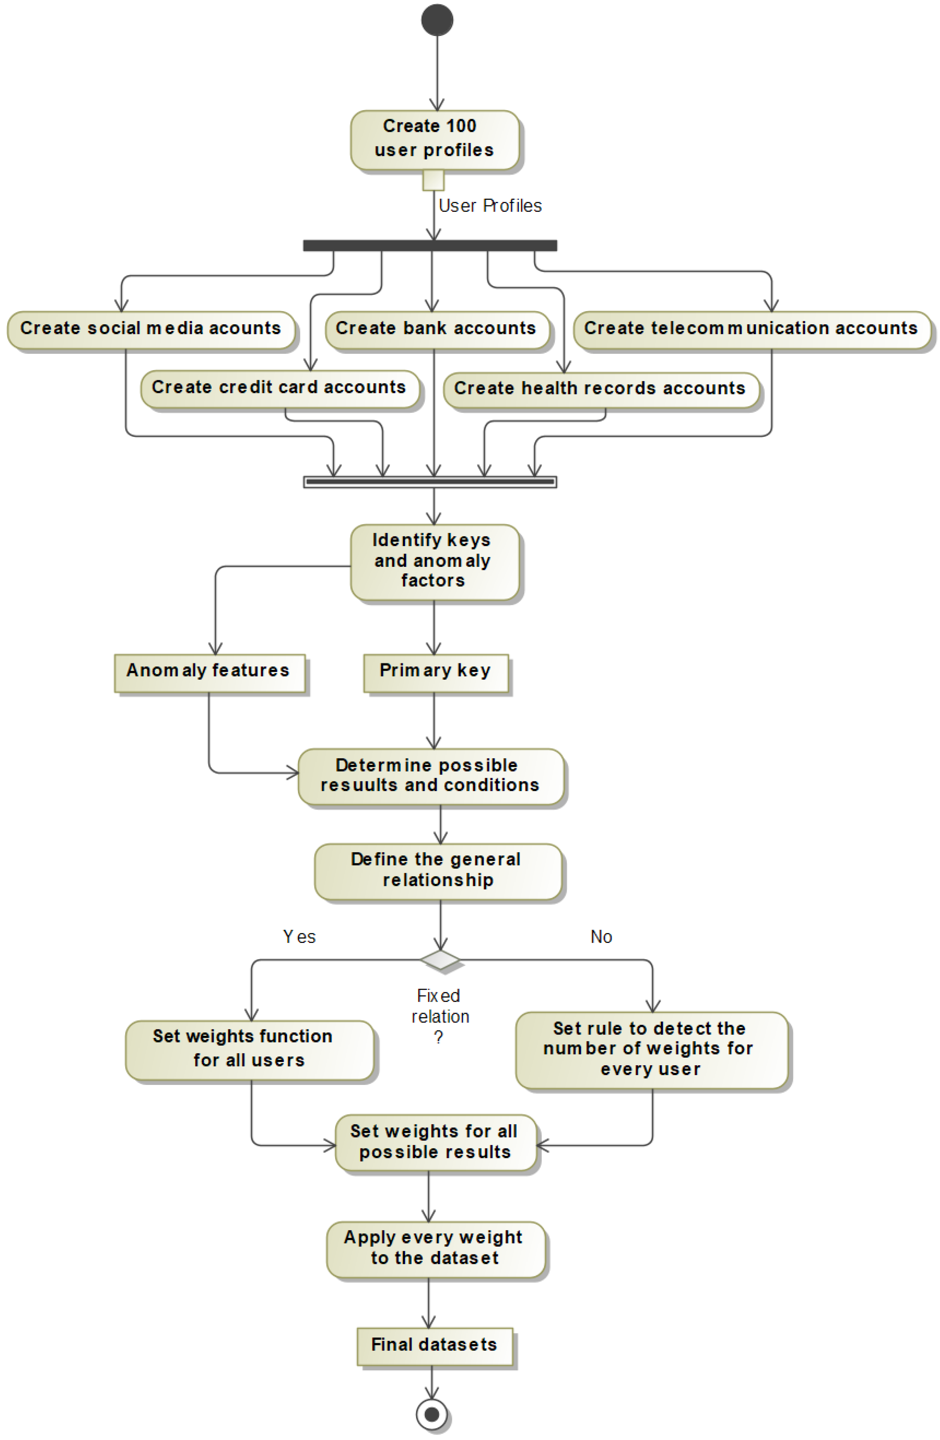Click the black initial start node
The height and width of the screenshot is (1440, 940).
pyautogui.click(x=437, y=20)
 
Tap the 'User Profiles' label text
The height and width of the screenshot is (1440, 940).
pyautogui.click(x=490, y=206)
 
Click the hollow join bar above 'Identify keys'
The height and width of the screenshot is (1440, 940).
pyautogui.click(x=430, y=482)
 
